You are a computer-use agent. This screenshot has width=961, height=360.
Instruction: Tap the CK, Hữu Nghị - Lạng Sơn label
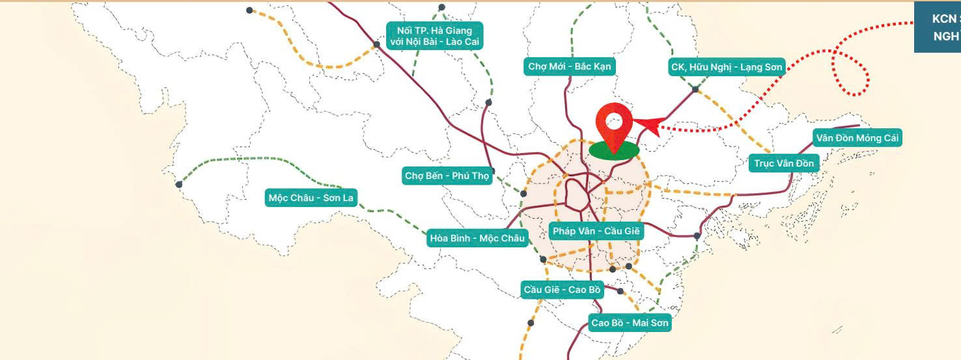727,66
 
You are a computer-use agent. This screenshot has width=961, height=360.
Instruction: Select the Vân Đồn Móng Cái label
857,138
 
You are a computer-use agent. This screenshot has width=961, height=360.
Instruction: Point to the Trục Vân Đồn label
784,163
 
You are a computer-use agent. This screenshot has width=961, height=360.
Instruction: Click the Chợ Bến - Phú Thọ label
447,176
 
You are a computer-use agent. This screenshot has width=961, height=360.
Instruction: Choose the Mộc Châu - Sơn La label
311,197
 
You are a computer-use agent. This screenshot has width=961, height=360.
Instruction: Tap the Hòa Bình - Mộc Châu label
477,238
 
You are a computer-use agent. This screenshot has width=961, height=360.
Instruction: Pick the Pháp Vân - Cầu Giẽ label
596,230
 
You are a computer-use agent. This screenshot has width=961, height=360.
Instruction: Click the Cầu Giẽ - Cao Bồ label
562,289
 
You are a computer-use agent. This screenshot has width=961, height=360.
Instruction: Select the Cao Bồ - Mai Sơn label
630,323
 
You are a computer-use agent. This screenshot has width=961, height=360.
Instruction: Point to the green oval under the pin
614,151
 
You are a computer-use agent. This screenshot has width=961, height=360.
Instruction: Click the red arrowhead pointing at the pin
648,124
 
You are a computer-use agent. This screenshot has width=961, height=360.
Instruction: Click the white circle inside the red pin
614,120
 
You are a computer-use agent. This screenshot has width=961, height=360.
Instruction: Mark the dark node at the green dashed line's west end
179,184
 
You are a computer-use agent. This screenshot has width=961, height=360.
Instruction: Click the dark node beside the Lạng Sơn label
695,89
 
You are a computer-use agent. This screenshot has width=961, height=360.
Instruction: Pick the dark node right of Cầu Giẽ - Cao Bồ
620,291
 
